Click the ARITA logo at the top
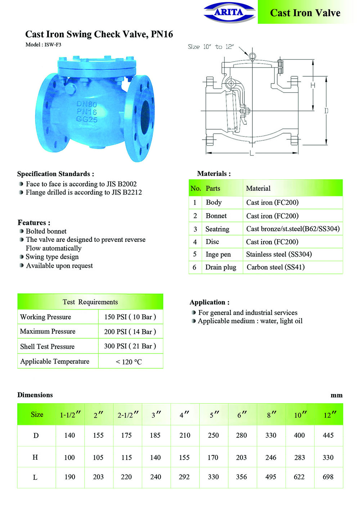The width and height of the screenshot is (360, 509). pyautogui.click(x=229, y=12)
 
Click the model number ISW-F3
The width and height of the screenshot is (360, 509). pyautogui.click(x=53, y=45)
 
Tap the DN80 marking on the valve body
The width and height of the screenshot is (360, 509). pyautogui.click(x=86, y=104)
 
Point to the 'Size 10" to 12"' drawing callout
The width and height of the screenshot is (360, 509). pyautogui.click(x=211, y=47)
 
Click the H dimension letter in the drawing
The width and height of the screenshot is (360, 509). pyautogui.click(x=313, y=85)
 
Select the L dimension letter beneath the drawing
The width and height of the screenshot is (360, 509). pyautogui.click(x=252, y=154)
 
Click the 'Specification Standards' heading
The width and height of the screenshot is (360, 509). pyautogui.click(x=55, y=174)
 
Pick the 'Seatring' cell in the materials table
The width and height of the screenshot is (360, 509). pyautogui.click(x=217, y=229)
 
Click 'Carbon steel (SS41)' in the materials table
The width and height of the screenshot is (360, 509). pyautogui.click(x=275, y=267)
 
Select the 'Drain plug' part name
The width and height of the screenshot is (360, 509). pyautogui.click(x=221, y=267)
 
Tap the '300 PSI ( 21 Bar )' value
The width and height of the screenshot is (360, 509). pyautogui.click(x=130, y=346)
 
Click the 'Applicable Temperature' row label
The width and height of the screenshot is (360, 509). pyautogui.click(x=55, y=361)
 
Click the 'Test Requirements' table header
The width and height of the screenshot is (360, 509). pyautogui.click(x=90, y=302)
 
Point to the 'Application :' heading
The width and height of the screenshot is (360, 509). pyautogui.click(x=210, y=302)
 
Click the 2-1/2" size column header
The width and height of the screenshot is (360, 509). pyautogui.click(x=128, y=415)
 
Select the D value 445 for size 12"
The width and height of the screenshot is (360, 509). pyautogui.click(x=328, y=435)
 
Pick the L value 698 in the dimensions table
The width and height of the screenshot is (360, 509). pyautogui.click(x=328, y=477)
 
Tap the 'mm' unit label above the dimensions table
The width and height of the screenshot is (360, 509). pyautogui.click(x=337, y=395)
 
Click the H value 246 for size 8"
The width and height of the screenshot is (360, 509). pyautogui.click(x=271, y=458)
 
